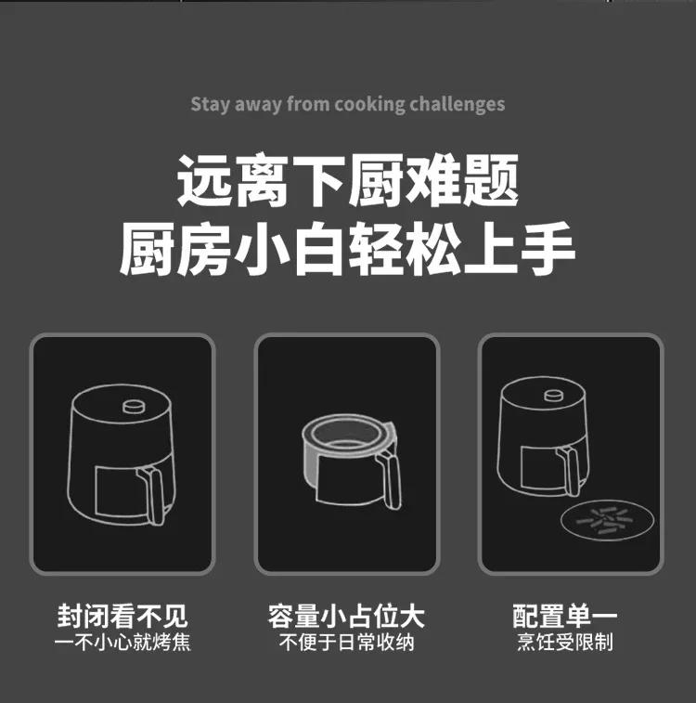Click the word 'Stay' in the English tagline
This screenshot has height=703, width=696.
pyautogui.click(x=210, y=103)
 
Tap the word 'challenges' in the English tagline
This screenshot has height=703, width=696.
pyautogui.click(x=458, y=103)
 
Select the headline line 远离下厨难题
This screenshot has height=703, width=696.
pyautogui.click(x=348, y=183)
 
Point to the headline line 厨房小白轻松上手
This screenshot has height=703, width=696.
pyautogui.click(x=348, y=248)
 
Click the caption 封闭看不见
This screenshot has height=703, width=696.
pyautogui.click(x=122, y=616)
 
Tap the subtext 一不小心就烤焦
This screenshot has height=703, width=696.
pyautogui.click(x=122, y=642)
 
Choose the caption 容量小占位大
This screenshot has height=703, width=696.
pyautogui.click(x=346, y=616)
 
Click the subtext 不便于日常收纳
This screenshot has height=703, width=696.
pyautogui.click(x=346, y=642)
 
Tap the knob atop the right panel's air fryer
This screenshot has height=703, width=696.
pyautogui.click(x=554, y=397)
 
